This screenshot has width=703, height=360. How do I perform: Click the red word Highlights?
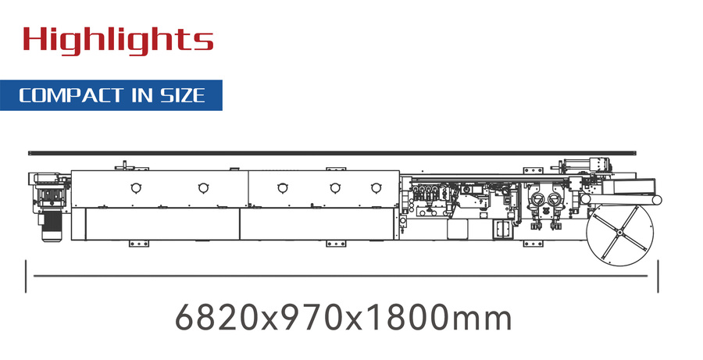(x=118, y=39)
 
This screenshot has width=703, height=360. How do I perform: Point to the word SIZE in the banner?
(x=183, y=95)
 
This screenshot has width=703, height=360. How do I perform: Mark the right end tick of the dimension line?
(x=658, y=276)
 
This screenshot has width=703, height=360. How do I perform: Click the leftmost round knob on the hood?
(x=135, y=187)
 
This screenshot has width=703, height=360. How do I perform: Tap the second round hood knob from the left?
(x=203, y=187)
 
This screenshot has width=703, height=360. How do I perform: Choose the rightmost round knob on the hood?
(x=376, y=187)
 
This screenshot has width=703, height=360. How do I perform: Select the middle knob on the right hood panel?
(x=335, y=187)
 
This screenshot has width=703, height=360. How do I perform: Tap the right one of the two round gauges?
(x=555, y=199)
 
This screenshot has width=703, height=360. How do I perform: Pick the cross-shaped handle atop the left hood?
(x=124, y=166)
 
